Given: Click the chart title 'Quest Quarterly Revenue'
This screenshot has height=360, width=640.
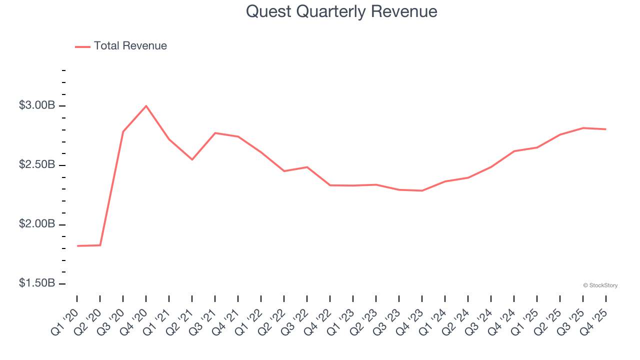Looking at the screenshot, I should click(341, 11).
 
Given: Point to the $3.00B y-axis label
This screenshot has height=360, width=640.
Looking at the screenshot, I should click(36, 105).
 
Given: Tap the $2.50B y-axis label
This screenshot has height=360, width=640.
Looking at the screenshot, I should click(36, 165).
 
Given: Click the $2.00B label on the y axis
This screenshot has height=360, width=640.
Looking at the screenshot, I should click(36, 224).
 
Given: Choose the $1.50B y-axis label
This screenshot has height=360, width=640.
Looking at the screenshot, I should click(36, 283).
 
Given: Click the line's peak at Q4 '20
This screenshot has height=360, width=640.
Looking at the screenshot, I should click(146, 106).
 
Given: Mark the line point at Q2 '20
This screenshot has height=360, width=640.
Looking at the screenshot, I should click(100, 245).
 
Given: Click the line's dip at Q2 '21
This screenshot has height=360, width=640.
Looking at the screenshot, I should click(192, 159).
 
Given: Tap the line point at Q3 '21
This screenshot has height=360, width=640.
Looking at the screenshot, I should click(215, 133).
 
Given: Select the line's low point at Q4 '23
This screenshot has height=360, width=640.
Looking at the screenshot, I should click(422, 190).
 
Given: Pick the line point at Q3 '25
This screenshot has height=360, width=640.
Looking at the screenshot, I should click(583, 128).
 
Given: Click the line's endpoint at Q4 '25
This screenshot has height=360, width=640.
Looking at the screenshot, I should click(606, 129).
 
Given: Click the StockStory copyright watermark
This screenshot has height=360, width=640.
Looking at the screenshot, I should click(600, 285).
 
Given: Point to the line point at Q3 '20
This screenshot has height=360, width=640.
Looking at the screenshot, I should click(123, 131).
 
